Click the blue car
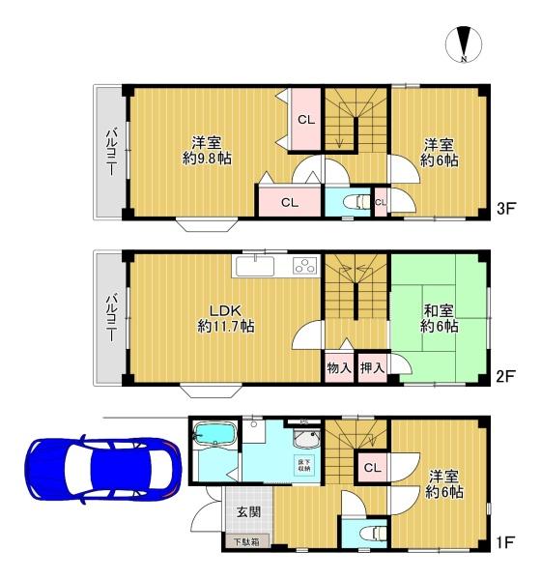coord(102,470)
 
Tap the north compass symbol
coord(464,44)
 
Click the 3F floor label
coord(506,209)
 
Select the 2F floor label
coord(505,376)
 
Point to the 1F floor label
coord(505,542)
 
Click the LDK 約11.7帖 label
coord(225,318)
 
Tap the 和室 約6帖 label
coord(439,318)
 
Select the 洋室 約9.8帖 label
coord(207,151)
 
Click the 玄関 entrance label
coord(249,512)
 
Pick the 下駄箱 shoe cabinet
coord(247,542)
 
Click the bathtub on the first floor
coord(215,435)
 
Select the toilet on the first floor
coord(373,533)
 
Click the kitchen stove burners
coord(305,266)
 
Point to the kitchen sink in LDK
coord(255,266)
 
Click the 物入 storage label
coord(339,368)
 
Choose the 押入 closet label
coord(372,368)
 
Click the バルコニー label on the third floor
coord(112,152)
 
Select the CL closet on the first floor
coord(372,467)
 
